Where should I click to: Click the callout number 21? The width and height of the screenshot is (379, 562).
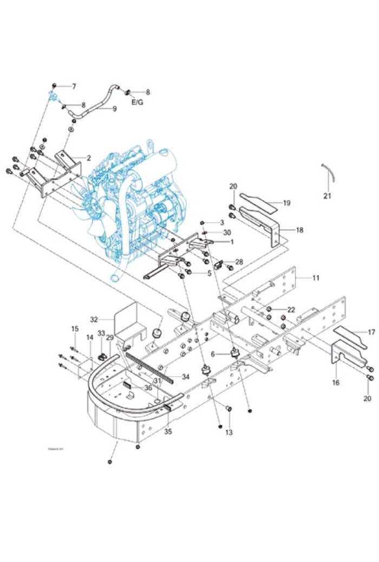(x=327, y=196)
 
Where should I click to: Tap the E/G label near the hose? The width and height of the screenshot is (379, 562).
(x=137, y=101)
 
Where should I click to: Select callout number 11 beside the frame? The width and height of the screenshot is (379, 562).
(x=316, y=277)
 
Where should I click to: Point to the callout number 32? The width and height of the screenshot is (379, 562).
(x=94, y=319)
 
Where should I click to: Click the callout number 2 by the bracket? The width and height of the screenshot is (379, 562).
(x=88, y=158)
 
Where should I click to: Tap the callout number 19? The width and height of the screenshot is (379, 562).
(x=287, y=203)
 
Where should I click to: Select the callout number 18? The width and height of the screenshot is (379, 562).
(x=299, y=230)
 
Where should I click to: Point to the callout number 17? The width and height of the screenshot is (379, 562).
(x=371, y=332)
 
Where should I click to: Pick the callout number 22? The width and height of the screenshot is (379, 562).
(x=291, y=309)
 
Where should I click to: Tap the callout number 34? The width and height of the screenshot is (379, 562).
(x=186, y=377)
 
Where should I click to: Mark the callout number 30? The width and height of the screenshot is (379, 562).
(x=227, y=232)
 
